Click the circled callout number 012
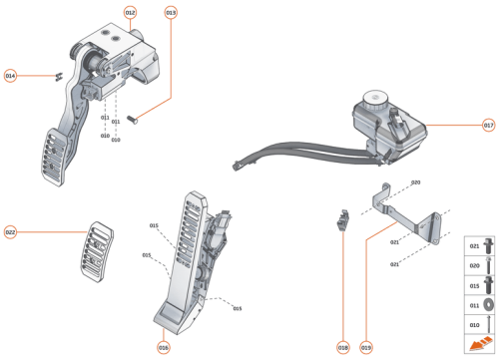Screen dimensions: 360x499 coord(131,12)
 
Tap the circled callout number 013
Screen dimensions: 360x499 coord(171,12)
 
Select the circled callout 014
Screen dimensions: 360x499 coord(11,76)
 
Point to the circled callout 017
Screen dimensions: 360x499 coord(488,126)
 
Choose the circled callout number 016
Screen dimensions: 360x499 coord(163,347)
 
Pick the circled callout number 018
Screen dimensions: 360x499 coord(342,347)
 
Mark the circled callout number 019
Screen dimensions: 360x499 coord(366,347)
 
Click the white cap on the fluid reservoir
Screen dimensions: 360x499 coord(375,100)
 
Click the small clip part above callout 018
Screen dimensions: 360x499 coord(342,219)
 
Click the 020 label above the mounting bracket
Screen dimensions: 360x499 coord(416,182)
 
